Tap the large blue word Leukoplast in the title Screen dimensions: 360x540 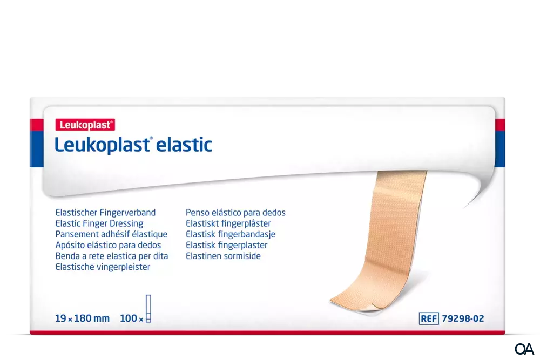tap(100, 144)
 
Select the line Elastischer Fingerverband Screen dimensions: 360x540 tap(105, 213)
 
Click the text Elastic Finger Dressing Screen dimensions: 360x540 tap(99, 223)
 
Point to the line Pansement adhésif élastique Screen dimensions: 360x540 tap(111, 234)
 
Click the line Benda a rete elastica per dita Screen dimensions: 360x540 tap(112, 256)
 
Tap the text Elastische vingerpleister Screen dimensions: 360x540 tap(103, 267)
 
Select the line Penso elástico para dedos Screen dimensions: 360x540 tap(235, 213)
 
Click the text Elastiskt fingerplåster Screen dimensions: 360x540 tap(228, 223)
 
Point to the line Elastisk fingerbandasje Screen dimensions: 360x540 tap(231, 234)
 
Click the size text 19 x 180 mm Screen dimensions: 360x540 tap(83, 319)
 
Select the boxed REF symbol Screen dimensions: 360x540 tap(428, 318)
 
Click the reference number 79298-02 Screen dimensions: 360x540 tap(462, 318)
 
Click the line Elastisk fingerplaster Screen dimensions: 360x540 tap(227, 245)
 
